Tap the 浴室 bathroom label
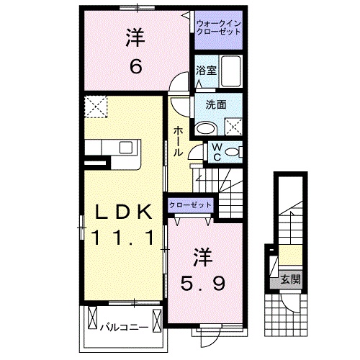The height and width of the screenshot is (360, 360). click(206, 70)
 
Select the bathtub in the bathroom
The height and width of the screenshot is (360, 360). click(233, 71)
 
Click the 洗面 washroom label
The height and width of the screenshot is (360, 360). click(215, 104)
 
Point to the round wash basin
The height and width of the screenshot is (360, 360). click(206, 128)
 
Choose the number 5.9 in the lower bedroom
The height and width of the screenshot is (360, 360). click(204, 282)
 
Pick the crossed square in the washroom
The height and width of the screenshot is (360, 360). click(233, 127)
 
